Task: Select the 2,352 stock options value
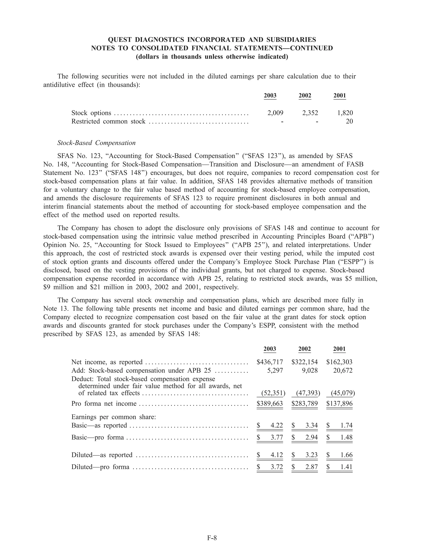[310, 113]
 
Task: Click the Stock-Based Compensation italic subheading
[96, 143]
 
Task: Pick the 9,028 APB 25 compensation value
[310, 370]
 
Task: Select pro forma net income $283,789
[305, 403]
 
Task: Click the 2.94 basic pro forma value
[311, 437]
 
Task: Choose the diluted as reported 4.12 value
[277, 455]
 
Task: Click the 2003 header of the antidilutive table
[270, 96]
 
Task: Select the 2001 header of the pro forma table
[339, 349]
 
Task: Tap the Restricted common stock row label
[108, 121]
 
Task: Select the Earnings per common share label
[114, 417]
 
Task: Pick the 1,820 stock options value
[345, 113]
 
